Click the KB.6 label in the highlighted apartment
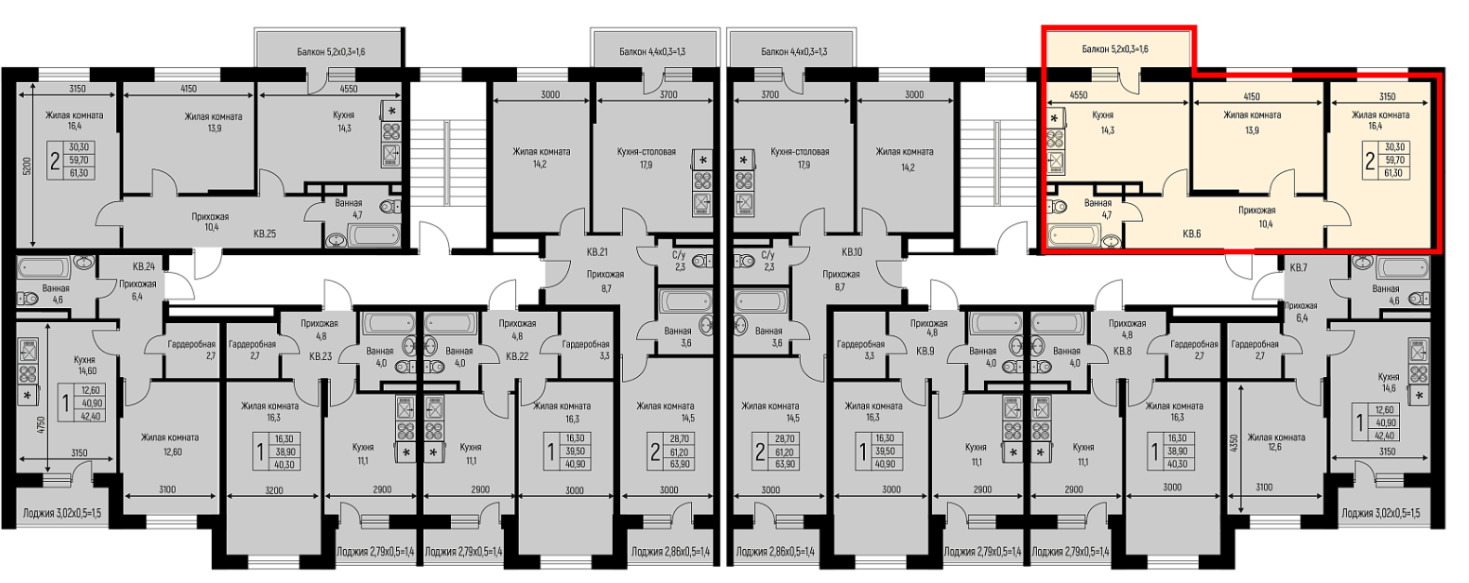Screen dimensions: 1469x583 coord(1192,233)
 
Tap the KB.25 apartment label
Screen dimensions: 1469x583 coord(265,233)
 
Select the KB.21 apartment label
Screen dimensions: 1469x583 coord(596,252)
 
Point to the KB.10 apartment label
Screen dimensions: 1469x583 coord(851,252)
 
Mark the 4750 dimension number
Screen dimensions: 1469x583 coord(41,425)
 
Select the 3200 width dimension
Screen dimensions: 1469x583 coord(273,489)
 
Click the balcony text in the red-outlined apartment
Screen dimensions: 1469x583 coord(1115,49)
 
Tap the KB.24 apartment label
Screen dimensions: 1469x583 coord(144,266)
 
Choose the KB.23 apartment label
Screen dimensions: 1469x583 coord(320,357)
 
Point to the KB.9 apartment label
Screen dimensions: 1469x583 coord(925,351)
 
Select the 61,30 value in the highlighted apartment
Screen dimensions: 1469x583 coord(1393,173)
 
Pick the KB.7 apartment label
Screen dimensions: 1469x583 coord(1299,267)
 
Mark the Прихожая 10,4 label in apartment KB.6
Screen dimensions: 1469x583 coord(1256,217)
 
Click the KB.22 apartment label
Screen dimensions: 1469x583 coord(517,357)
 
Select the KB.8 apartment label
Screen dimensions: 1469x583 coord(1123,351)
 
